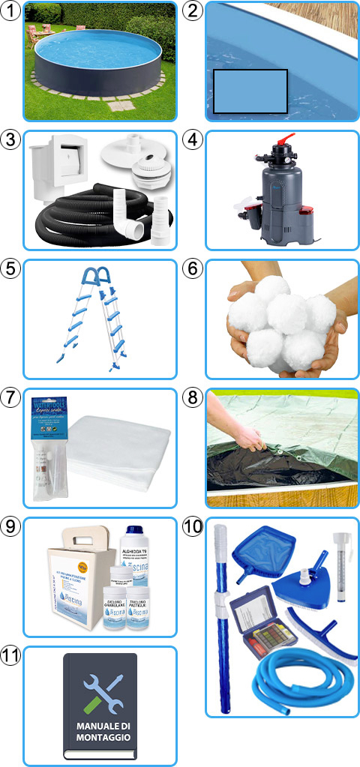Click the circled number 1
[x=10, y=11]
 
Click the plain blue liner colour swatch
[x=250, y=91]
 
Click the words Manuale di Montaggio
[x=100, y=732]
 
